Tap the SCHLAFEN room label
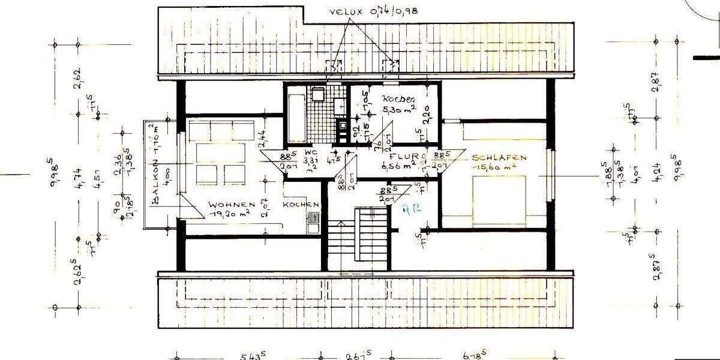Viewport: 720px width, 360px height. click(x=499, y=158)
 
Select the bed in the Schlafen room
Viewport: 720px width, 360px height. click(x=499, y=200)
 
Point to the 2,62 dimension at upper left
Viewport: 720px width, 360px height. click(x=78, y=79)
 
